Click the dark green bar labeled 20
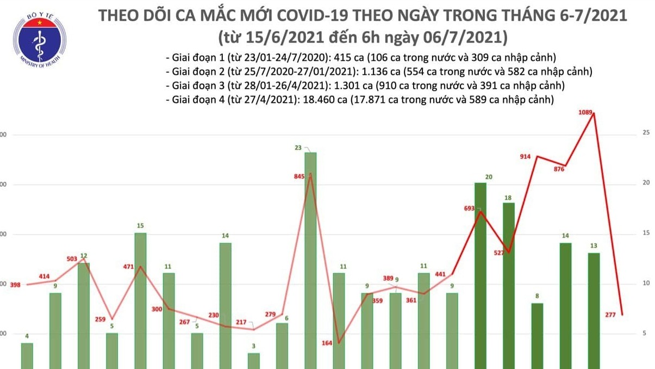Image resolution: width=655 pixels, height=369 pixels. (x=481, y=275)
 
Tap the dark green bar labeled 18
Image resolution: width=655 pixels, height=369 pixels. (x=508, y=285)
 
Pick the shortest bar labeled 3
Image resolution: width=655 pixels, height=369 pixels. (x=254, y=361)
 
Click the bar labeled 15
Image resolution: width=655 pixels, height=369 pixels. (x=140, y=300)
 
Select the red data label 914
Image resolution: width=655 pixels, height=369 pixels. (x=525, y=157)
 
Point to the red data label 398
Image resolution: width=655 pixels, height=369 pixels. (x=15, y=285)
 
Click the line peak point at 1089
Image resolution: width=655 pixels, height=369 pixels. (x=594, y=113)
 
